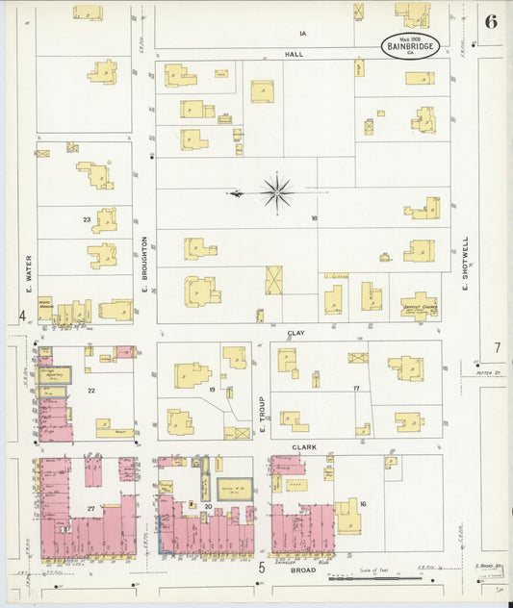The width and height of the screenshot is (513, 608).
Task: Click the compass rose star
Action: click(x=276, y=193)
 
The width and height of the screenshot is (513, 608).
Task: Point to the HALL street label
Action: click(x=294, y=54)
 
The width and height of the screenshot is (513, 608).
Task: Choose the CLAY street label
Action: click(x=297, y=332)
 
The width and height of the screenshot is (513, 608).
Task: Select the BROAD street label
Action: click(x=304, y=570)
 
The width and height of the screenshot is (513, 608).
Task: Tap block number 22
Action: click(x=90, y=390)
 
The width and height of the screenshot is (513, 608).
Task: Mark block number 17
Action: click(x=355, y=389)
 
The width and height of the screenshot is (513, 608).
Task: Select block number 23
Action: click(x=87, y=220)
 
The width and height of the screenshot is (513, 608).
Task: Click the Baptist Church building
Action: click(x=420, y=305)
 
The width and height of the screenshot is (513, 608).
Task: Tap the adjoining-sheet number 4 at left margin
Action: click(x=21, y=317)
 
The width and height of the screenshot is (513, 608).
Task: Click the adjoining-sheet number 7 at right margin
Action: click(x=498, y=347)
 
